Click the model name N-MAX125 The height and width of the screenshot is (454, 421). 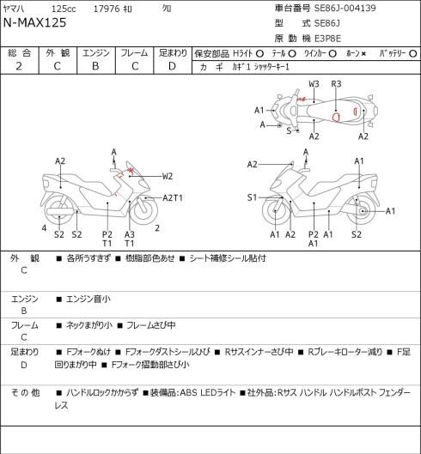click(x=34, y=23)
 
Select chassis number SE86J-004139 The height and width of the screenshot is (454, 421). click(x=345, y=8)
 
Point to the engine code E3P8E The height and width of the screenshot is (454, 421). click(x=327, y=39)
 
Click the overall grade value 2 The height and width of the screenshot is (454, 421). click(x=19, y=66)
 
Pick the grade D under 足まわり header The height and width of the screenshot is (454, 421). click(x=172, y=66)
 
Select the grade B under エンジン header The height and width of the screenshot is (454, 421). click(x=95, y=66)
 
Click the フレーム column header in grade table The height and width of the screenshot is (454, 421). click(x=134, y=53)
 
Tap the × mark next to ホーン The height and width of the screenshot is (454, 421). click(x=363, y=54)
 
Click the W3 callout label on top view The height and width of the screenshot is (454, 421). click(x=314, y=84)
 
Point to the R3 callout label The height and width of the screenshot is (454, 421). click(x=336, y=84)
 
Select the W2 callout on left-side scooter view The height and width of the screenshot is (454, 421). click(x=168, y=176)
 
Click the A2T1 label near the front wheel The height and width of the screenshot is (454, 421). click(x=173, y=197)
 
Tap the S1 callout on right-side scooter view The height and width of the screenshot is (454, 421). click(x=252, y=197)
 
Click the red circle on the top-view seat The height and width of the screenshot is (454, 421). click(x=336, y=118)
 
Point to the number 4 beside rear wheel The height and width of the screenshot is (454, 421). click(x=44, y=228)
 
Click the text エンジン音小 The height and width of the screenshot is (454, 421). click(x=88, y=300)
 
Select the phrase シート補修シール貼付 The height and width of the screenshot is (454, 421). click(x=228, y=258)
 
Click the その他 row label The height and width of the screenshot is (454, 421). click(x=25, y=393)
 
